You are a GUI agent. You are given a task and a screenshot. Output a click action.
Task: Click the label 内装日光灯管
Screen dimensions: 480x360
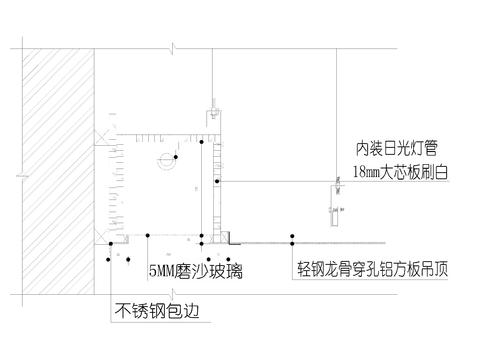tap(397, 148)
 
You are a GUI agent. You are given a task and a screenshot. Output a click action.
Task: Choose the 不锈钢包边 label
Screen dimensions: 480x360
tap(159, 310)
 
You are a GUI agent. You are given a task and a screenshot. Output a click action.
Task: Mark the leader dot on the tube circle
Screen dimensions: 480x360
tap(174, 158)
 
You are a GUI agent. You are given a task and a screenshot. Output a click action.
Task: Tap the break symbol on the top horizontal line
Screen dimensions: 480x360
tap(173, 46)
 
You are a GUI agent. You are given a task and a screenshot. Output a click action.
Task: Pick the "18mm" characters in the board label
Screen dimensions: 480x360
tap(367, 173)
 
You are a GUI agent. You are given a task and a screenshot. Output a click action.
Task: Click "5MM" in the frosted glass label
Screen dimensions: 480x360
tap(163, 271)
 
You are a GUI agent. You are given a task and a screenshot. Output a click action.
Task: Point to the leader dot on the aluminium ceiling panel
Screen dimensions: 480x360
tap(293, 239)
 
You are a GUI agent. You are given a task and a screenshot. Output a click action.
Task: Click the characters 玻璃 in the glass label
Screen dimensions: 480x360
tap(227, 271)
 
